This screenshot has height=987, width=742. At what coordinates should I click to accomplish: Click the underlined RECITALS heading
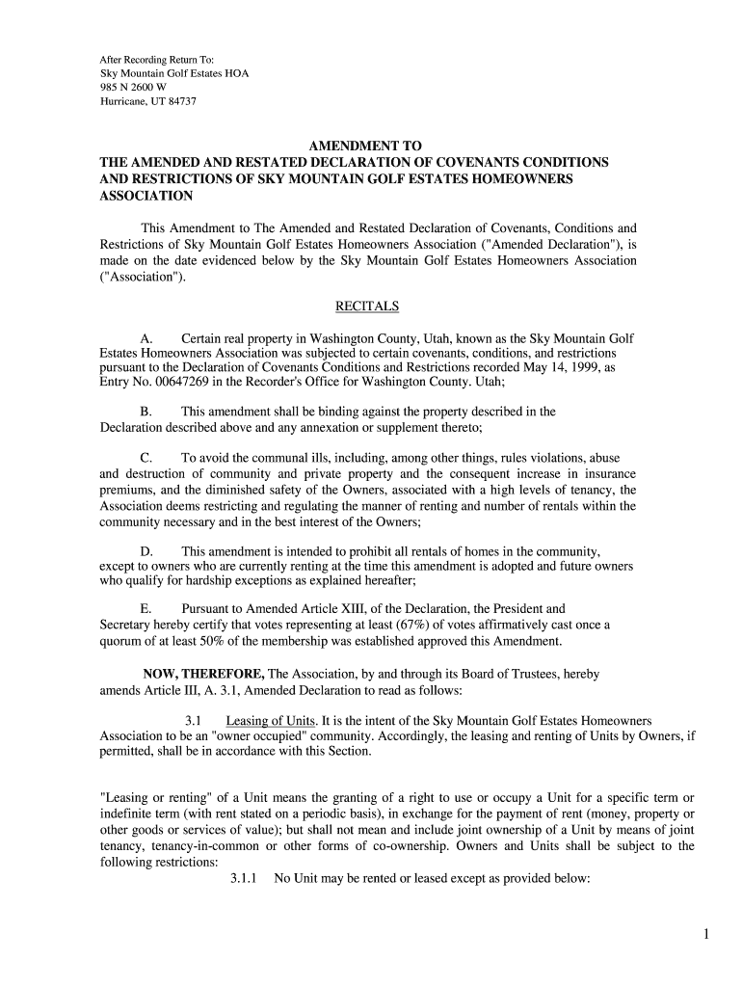pos(366,307)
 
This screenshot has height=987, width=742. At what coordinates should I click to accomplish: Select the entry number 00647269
pos(183,382)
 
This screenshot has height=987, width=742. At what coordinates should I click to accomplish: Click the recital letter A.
pos(146,339)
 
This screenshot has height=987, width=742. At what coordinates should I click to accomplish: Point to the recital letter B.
pos(146,412)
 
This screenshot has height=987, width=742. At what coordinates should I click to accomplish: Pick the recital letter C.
pos(146,458)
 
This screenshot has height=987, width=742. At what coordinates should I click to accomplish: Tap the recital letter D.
pos(146,551)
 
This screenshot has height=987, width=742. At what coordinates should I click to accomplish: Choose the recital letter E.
pos(146,609)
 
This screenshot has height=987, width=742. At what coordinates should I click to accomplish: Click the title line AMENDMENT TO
pos(365,146)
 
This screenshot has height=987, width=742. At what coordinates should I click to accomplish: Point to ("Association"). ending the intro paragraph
pos(142,278)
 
